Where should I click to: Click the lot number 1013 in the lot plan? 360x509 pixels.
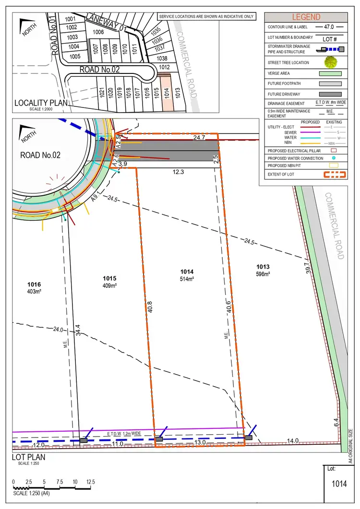263,267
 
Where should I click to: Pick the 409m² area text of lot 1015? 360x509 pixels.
110,285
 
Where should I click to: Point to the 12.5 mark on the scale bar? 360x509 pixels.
90,482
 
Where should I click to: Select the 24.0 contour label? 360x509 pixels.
59,330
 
